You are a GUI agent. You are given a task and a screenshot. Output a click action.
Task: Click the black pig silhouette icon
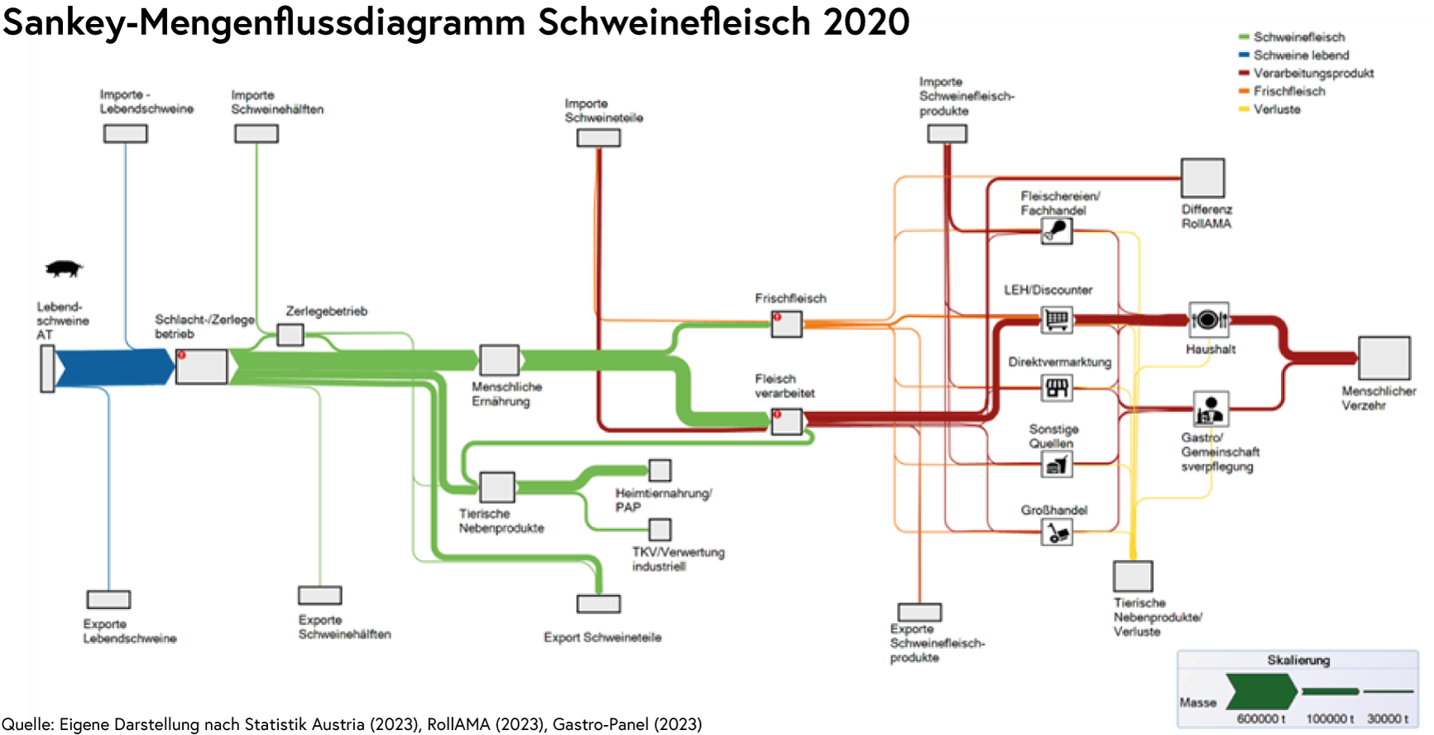tap(64, 268)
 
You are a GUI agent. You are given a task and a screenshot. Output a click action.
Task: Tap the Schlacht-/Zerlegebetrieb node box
tap(201, 367)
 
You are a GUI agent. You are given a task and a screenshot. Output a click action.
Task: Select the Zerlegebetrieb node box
tap(290, 335)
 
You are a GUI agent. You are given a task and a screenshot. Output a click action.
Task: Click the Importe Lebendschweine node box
tap(126, 133)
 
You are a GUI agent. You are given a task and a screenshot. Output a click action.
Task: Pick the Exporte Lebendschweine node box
tap(108, 599)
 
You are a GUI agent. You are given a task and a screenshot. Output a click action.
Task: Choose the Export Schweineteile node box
tap(599, 603)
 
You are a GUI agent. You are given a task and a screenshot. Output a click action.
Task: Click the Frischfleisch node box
tap(787, 324)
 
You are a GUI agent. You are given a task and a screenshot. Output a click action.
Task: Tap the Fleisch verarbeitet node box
tap(787, 421)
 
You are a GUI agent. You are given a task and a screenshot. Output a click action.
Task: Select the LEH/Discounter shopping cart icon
tap(1057, 319)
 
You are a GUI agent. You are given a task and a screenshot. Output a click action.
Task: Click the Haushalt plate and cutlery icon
tap(1209, 319)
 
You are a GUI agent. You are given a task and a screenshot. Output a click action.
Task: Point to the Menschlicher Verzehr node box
tap(1384, 358)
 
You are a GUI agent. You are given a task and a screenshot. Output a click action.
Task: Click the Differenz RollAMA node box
tap(1202, 178)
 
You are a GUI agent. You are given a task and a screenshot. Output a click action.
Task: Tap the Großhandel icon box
tap(1057, 532)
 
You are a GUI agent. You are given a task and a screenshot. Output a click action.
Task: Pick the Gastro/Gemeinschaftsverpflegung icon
tap(1211, 409)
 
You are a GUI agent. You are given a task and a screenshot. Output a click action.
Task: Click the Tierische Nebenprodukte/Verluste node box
tap(1133, 576)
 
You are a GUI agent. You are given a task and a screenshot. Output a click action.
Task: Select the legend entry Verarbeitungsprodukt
tap(1313, 73)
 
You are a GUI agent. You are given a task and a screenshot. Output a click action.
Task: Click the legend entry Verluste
tap(1277, 109)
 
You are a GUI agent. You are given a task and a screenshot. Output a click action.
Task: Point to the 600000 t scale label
tap(1261, 718)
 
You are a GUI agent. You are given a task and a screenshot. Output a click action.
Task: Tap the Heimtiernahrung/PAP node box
tap(659, 470)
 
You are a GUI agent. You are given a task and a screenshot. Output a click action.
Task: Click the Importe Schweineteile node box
tap(598, 137)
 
